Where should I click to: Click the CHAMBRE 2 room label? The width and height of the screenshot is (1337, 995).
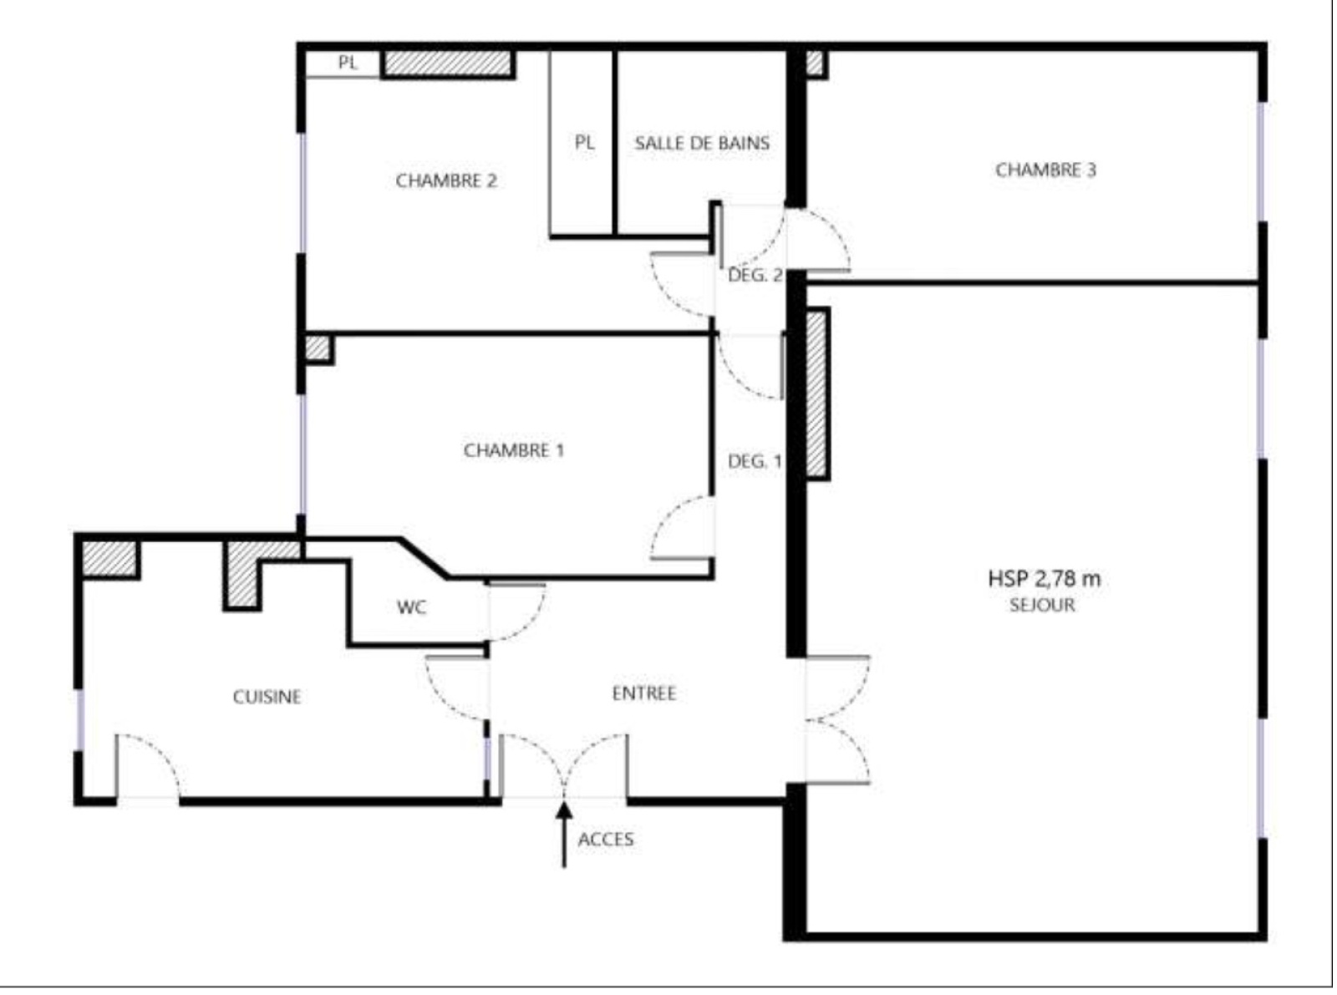point(446,180)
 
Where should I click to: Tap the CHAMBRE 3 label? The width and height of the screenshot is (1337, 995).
point(1045,170)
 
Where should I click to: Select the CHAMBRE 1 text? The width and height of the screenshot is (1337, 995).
point(514,450)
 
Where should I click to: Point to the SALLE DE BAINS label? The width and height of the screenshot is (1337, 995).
point(702,143)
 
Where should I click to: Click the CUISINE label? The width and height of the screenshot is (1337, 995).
point(267,697)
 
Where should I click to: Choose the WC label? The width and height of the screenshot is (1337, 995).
point(412,607)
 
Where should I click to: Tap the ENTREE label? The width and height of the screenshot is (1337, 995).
point(643,693)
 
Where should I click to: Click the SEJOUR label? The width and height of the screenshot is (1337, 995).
point(1042,605)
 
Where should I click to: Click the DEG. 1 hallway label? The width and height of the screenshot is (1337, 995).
point(755,462)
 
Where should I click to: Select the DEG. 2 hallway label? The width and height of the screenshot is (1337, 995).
point(755,276)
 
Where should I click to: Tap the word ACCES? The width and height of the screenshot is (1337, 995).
point(606,840)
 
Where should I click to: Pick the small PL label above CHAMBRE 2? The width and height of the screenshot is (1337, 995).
point(348,63)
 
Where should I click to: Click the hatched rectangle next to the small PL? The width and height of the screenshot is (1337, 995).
point(448,63)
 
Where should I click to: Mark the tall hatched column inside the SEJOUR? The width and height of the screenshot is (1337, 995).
point(816,394)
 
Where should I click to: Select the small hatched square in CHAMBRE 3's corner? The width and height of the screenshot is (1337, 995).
point(816,63)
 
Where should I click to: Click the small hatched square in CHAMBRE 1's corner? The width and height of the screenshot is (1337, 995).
point(318,349)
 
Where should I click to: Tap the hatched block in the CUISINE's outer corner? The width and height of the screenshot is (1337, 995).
point(109,559)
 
